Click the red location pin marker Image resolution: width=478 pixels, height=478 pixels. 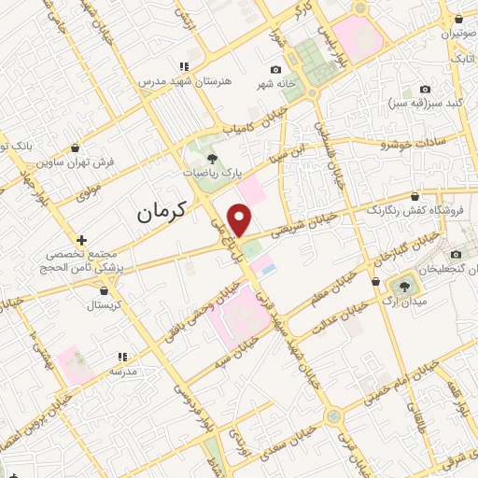click(x=241, y=220)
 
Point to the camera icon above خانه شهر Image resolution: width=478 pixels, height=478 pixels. click(x=274, y=70)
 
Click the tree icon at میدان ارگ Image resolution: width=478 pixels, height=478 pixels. click(x=406, y=284)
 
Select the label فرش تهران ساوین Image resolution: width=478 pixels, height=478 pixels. click(x=76, y=162)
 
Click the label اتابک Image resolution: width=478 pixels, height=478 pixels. click(x=462, y=60)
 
